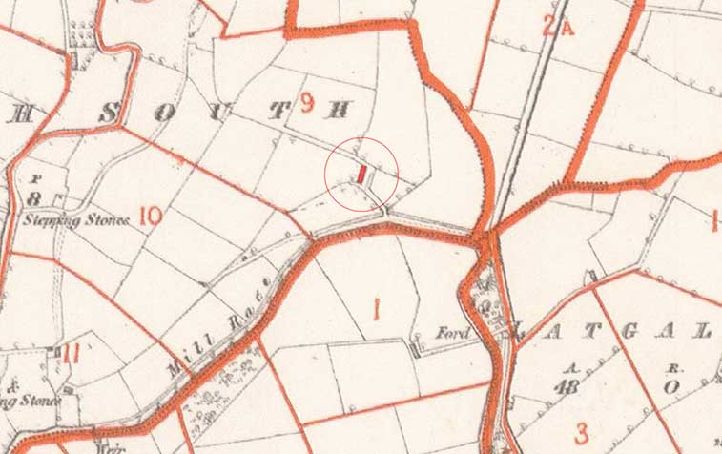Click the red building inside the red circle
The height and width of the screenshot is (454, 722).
click(x=362, y=174)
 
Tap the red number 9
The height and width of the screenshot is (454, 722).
click(x=307, y=104)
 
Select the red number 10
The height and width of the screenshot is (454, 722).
click(x=149, y=215)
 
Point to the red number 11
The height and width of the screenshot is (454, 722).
click(x=72, y=353)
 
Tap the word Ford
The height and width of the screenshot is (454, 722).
click(x=449, y=335)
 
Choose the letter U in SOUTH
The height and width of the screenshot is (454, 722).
click(x=224, y=112)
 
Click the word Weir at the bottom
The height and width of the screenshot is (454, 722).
click(x=106, y=446)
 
